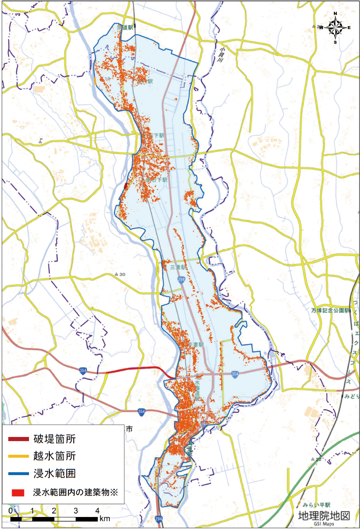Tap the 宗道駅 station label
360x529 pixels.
point(125,27)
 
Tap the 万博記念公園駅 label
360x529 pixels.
point(331,311)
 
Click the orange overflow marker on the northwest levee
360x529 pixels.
point(95,81)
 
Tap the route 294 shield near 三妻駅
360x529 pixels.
point(181,280)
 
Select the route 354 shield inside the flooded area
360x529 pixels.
point(235,374)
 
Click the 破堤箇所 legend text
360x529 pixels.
point(55,439)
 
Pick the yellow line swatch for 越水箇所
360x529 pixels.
point(19,456)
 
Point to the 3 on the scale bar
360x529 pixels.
point(76,510)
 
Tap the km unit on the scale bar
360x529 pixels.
point(104,519)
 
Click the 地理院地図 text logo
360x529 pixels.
point(324,515)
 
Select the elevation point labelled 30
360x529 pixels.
point(120,274)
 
